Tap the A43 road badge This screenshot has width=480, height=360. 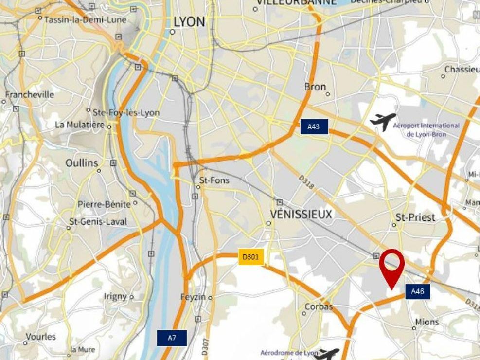pyautogui.click(x=314, y=126)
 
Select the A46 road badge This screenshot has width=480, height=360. pyautogui.click(x=418, y=292)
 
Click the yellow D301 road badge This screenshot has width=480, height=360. pyautogui.click(x=251, y=257)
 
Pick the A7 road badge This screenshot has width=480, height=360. pyautogui.click(x=171, y=338)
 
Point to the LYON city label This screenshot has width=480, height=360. pyautogui.click(x=189, y=22)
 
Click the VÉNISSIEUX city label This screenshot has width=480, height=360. pyautogui.click(x=302, y=214)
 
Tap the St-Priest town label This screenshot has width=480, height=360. pyautogui.click(x=415, y=217)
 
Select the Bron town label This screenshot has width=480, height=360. pyautogui.click(x=315, y=87)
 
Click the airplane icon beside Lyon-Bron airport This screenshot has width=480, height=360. pyautogui.click(x=383, y=121)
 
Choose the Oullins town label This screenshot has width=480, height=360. pyautogui.click(x=82, y=163)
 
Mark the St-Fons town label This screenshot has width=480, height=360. pyautogui.click(x=214, y=180)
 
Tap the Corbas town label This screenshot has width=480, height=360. pyautogui.click(x=319, y=307)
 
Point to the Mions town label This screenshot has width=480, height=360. pyautogui.click(x=427, y=322)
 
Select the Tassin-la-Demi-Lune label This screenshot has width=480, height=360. pyautogui.click(x=85, y=20)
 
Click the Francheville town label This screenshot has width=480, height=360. pyautogui.click(x=30, y=94)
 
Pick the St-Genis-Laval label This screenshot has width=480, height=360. pyautogui.click(x=98, y=222)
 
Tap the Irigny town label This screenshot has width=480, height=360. pyautogui.click(x=115, y=296)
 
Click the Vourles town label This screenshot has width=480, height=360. pyautogui.click(x=41, y=337)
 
